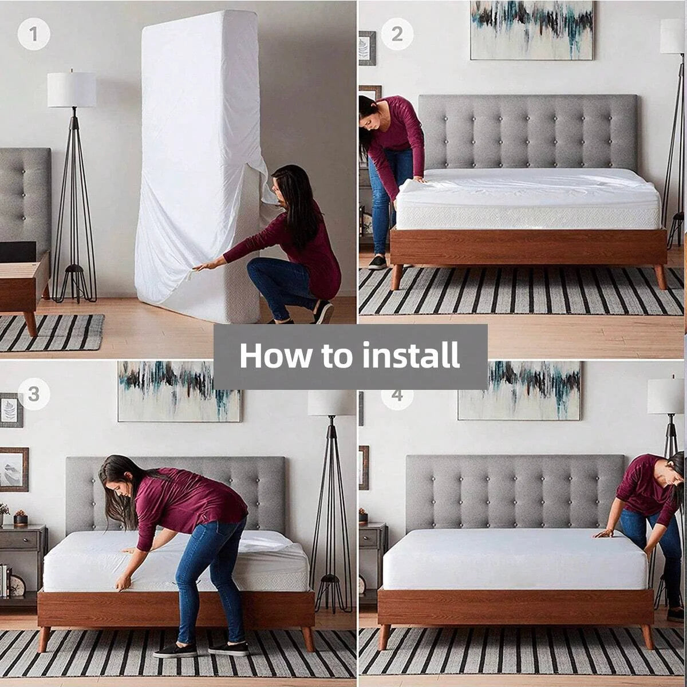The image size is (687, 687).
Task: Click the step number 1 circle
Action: pos(33,34)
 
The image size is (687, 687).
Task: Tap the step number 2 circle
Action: pos(397,34)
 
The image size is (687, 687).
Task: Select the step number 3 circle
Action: pos(34,394)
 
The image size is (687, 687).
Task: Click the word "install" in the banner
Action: pos(410,356)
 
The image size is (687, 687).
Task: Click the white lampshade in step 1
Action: pos(72,90)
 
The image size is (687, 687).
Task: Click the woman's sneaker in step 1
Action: pos(323,313)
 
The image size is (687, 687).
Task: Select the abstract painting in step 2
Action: pos(531,30)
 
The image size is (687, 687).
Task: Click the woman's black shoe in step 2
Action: pos(377,263)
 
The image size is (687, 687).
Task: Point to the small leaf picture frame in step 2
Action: pos(367,48)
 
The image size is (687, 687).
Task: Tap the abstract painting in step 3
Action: pos(179,391)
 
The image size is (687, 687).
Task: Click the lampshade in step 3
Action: pos(331,403)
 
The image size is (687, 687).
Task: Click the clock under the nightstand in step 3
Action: pos(17,585)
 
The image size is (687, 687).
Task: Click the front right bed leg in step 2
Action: pos(660,277)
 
